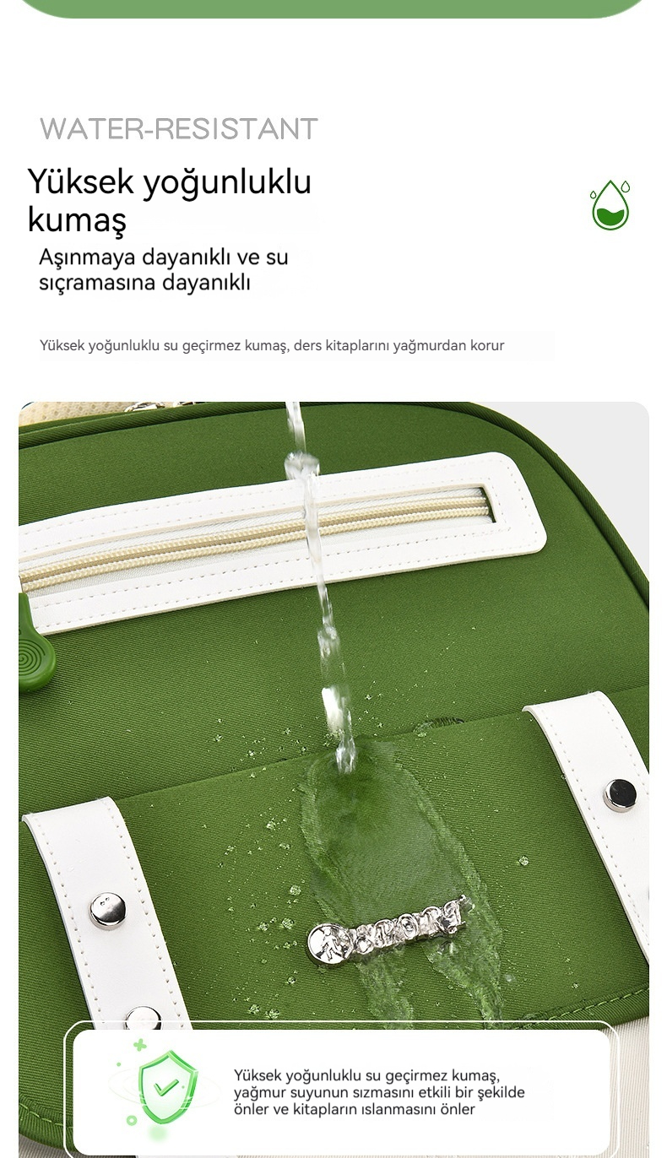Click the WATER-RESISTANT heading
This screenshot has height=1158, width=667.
click(179, 129)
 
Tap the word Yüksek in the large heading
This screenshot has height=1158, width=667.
click(81, 181)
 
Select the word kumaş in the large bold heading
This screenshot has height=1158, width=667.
click(77, 220)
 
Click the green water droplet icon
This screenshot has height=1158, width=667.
click(610, 205)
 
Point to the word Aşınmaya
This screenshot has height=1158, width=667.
click(87, 257)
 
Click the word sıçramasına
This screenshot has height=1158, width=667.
click(97, 283)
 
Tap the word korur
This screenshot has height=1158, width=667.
click(487, 345)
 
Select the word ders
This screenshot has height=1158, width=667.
click(307, 345)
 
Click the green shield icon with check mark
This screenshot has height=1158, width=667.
click(166, 1085)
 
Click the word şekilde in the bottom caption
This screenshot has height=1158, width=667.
click(501, 1092)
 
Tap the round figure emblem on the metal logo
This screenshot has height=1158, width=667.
click(328, 941)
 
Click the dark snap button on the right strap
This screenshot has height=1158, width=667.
click(620, 795)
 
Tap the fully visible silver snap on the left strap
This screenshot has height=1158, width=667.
click(107, 911)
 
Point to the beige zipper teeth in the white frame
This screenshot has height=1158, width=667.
click(253, 538)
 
